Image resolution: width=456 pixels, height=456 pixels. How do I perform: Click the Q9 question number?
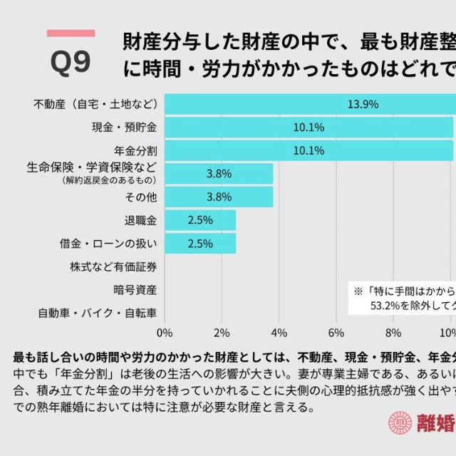tap(71, 63)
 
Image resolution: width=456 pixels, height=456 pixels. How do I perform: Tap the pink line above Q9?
tap(71, 33)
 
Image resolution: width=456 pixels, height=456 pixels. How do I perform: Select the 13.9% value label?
tap(363, 104)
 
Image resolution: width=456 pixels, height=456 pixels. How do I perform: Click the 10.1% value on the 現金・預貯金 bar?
tap(309, 128)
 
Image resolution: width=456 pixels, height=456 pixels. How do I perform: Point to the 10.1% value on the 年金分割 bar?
tap(309, 151)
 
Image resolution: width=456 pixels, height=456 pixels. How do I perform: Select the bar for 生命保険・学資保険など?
tap(219, 173)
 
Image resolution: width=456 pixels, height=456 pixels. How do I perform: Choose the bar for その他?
tap(219, 197)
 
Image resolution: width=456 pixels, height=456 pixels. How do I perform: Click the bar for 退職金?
tap(200, 220)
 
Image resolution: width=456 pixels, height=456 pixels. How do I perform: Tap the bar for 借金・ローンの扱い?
tap(200, 243)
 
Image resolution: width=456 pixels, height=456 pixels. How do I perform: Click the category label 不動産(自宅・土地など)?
tap(94, 104)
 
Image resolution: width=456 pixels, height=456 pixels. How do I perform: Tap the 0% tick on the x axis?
tap(165, 332)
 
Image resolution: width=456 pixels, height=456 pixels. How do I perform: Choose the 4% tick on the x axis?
tap(279, 332)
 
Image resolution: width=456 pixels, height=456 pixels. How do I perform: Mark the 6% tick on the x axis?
tap(336, 332)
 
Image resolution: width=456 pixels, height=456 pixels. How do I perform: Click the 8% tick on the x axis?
tap(393, 332)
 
